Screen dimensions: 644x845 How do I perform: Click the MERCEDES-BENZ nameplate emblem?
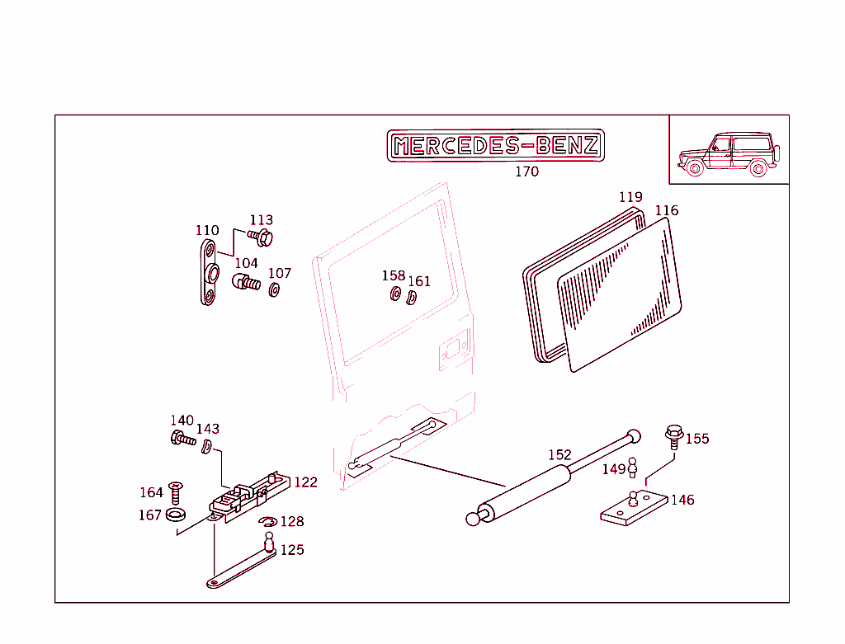click(x=495, y=146)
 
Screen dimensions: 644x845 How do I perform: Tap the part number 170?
click(x=526, y=172)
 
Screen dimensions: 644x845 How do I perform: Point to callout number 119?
click(x=630, y=197)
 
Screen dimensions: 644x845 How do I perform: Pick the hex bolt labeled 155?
click(x=673, y=435)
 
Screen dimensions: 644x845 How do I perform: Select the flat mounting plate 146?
click(x=633, y=508)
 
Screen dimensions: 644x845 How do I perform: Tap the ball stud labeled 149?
click(x=633, y=468)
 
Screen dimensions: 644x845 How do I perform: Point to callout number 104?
click(x=246, y=263)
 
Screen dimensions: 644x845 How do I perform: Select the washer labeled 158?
click(x=395, y=294)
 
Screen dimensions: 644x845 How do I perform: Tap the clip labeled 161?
click(x=412, y=295)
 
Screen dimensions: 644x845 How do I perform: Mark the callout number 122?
click(x=305, y=482)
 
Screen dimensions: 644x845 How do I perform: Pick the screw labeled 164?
click(x=175, y=492)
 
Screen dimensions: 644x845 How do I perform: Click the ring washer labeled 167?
click(x=175, y=515)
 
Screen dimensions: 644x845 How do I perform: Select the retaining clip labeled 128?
click(x=267, y=522)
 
